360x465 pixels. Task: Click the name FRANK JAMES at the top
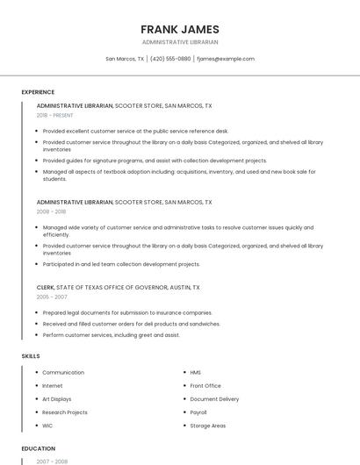(180, 29)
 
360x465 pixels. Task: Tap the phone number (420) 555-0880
(170, 59)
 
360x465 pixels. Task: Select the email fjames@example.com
(226, 59)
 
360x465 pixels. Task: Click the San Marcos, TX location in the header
(125, 59)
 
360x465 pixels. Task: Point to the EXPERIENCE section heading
(38, 92)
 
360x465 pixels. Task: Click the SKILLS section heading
(31, 356)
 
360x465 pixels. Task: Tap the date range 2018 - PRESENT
(55, 115)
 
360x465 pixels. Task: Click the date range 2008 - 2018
(51, 211)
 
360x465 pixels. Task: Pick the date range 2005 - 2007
(51, 297)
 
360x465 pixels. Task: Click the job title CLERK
(46, 287)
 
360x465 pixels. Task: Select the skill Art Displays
(57, 399)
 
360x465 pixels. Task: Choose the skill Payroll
(198, 412)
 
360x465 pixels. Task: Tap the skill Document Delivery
(214, 399)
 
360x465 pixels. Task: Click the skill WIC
(47, 426)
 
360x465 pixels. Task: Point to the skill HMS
(196, 373)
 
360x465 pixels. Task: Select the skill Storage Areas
(208, 426)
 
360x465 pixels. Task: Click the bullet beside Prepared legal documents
(35, 312)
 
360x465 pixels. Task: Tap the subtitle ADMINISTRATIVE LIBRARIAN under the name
(180, 42)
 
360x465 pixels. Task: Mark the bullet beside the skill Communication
(35, 373)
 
